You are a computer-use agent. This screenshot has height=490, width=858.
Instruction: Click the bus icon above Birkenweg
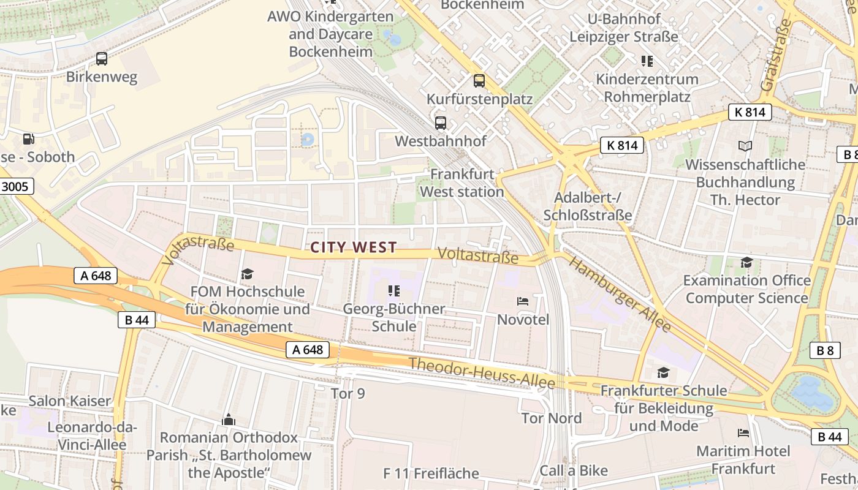(x=102, y=59)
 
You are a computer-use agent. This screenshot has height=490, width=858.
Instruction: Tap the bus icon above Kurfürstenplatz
(x=479, y=80)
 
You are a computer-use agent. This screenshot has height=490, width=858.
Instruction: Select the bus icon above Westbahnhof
(x=440, y=123)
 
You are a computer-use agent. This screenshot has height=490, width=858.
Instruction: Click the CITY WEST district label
(x=354, y=247)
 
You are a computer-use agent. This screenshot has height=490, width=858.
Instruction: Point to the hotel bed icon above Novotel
(x=523, y=301)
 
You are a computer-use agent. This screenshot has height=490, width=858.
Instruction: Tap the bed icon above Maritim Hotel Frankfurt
(x=743, y=433)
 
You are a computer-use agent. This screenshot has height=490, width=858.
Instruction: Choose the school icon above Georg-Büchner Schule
(x=393, y=290)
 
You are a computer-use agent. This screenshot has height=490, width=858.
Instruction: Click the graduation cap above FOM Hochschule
(x=247, y=273)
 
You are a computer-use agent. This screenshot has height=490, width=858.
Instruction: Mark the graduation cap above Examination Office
(x=746, y=263)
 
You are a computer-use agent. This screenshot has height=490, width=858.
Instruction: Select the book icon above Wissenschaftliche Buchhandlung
(x=745, y=146)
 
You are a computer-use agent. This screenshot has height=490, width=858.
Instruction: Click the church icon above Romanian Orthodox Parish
(x=229, y=420)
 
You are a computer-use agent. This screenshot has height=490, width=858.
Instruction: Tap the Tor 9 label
(x=347, y=393)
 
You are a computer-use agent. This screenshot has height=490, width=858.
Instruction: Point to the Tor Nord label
(x=552, y=418)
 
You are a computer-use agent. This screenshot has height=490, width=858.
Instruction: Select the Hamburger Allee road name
(x=620, y=294)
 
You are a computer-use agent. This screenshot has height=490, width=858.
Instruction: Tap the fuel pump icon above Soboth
(x=29, y=139)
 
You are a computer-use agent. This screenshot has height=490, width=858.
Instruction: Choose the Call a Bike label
(x=574, y=470)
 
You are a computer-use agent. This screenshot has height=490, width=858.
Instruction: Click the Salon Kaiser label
(x=70, y=401)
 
